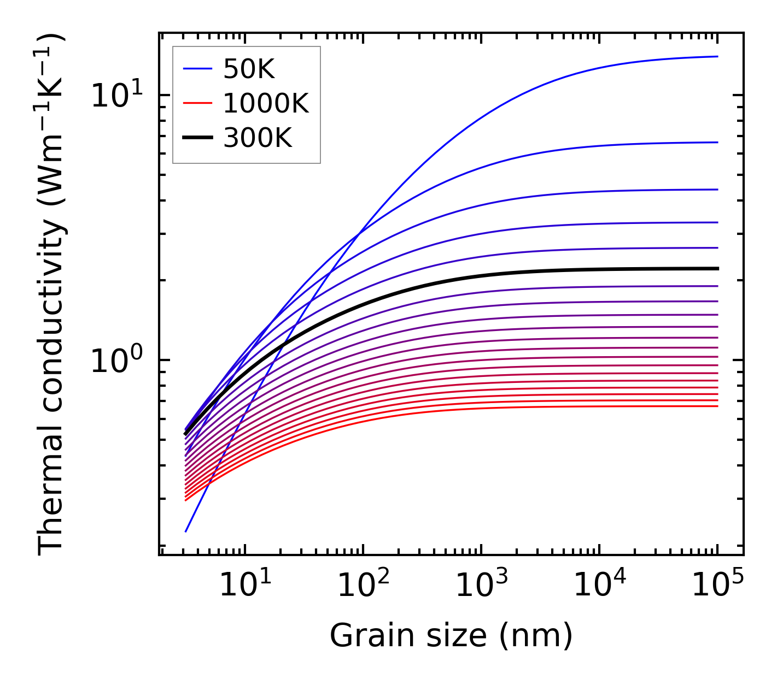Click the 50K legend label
coord(249,69)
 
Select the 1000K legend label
coord(266,104)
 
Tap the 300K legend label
coord(258,139)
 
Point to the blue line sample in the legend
coord(197,69)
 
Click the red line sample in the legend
coord(197,104)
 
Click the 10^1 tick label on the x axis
coord(244,586)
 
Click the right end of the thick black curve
coord(717,268)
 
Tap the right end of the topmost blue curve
coord(717,56)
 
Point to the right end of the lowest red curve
coord(717,406)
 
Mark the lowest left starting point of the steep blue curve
coord(186,531)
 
